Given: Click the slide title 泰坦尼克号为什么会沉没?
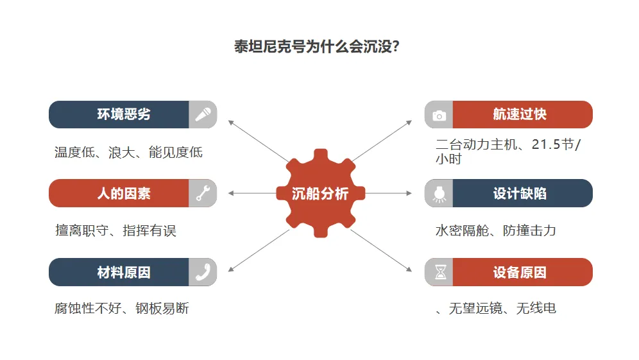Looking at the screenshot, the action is click(319, 48).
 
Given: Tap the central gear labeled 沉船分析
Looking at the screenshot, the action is click(319, 193).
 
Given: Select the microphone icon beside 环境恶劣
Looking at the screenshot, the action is click(203, 115).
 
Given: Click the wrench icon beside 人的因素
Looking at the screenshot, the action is click(203, 193).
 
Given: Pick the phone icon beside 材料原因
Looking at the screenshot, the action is click(203, 272).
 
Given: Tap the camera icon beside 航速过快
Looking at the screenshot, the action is click(439, 115).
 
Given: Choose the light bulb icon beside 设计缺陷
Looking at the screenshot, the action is click(439, 193).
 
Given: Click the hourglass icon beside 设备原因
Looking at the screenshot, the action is click(439, 272).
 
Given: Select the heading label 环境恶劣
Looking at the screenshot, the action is click(124, 115).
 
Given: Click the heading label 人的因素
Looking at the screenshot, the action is click(124, 193).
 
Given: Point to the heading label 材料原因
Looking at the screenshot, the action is click(124, 272).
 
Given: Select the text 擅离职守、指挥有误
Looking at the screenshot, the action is click(115, 230).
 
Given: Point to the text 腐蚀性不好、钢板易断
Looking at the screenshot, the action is click(122, 309).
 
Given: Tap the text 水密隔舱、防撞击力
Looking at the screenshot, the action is click(495, 230).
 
